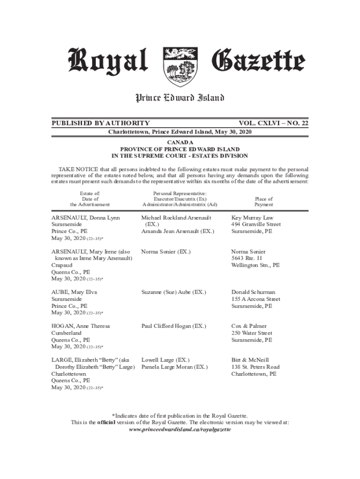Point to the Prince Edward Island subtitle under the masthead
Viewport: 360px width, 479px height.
180,98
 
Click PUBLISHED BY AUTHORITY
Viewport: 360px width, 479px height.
101,123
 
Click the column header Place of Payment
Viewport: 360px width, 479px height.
264,202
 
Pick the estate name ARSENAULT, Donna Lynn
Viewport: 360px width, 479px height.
86,218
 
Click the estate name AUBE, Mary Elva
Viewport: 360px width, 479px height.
74,292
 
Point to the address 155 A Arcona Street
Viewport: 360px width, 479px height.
256,299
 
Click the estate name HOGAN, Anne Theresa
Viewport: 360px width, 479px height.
80,326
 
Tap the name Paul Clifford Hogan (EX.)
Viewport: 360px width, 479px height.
173,326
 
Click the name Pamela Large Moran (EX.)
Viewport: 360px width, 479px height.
174,367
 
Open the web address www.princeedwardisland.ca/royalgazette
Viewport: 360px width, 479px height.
180,429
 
